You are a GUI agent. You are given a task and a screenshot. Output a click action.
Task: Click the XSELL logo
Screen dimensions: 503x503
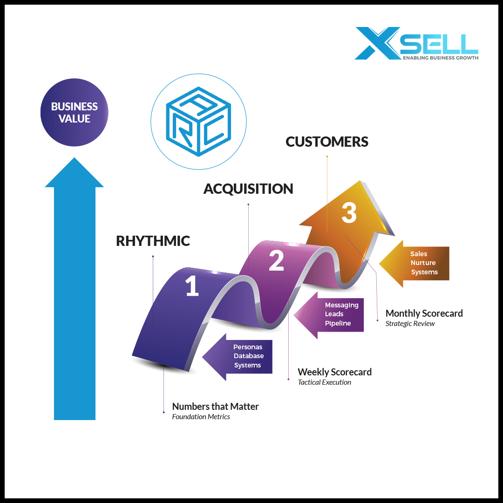(416, 43)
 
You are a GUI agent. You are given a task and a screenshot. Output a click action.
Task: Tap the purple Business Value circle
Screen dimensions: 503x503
(75, 112)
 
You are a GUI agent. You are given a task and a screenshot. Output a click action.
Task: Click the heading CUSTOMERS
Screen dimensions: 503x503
(327, 142)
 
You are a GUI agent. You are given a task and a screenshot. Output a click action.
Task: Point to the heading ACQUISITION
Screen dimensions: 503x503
(248, 189)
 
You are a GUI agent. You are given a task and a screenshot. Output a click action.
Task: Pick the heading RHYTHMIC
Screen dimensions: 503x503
(153, 241)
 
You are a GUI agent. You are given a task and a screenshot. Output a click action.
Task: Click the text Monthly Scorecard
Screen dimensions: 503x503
(424, 313)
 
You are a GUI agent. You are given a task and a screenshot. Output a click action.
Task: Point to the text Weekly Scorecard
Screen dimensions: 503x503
(334, 372)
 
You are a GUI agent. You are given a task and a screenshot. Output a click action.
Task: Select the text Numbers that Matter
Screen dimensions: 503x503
(215, 407)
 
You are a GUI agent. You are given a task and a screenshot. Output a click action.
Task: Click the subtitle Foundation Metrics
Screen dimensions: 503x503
(201, 417)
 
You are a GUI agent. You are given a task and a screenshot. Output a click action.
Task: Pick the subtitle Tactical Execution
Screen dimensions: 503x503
(324, 382)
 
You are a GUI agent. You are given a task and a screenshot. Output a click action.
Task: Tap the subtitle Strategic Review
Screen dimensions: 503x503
(410, 324)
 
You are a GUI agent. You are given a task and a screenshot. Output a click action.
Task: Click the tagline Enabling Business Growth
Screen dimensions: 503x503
(440, 58)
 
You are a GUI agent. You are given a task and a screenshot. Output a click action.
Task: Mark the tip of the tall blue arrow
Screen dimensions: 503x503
(75, 159)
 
